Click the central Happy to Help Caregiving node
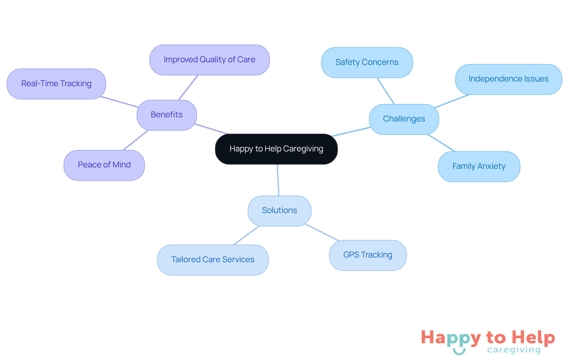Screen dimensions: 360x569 tap(276, 149)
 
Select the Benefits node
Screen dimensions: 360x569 tap(167, 115)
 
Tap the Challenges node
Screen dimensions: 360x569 tap(404, 119)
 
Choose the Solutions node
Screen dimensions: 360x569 tap(279, 210)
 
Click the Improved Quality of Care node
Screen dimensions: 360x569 tap(209, 60)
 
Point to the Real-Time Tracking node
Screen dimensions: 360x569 tap(56, 84)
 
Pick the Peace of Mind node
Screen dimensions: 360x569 tap(104, 165)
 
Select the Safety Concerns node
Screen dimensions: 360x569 tap(367, 62)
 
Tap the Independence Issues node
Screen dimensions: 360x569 tap(508, 79)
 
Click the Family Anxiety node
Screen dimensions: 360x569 tap(479, 166)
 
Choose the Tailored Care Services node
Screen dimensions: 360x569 tap(212, 260)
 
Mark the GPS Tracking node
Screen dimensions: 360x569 tap(367, 255)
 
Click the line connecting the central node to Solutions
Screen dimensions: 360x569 tap(278, 180)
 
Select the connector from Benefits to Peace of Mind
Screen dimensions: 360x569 tap(135, 140)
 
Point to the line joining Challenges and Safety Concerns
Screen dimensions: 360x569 tap(386, 91)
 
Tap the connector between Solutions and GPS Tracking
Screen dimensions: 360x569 tap(322, 232)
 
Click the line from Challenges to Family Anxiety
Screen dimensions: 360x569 tap(441, 143)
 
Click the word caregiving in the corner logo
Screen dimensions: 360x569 tap(514, 350)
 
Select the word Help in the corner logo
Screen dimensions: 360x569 tap(533, 337)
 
